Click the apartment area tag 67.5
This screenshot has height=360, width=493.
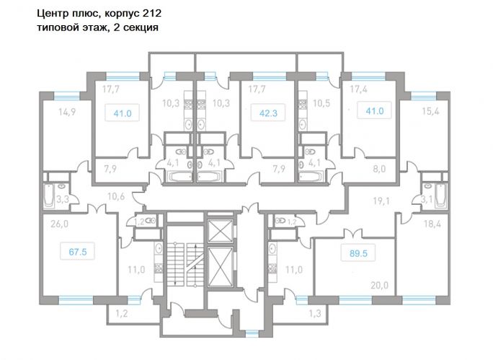point(77,252)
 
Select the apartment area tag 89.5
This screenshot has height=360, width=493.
point(358,253)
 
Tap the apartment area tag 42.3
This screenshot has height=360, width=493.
point(268,113)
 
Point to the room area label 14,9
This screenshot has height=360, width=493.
point(67,112)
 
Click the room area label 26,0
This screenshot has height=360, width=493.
point(59,224)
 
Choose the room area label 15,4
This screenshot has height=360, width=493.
point(430,111)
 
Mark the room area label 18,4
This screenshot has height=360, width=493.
point(432,224)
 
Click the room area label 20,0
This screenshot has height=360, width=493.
point(380,286)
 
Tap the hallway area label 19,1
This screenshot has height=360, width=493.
point(381,201)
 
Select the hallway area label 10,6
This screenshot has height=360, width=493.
point(116,196)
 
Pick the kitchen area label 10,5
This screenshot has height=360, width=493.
point(321,103)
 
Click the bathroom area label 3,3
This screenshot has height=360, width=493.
point(62,199)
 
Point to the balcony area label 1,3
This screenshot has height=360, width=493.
point(315,313)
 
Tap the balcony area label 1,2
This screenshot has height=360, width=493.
point(121,313)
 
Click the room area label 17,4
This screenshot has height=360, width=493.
point(360,89)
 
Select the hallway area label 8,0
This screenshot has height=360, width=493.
point(379,169)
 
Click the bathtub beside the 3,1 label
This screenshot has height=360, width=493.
point(441,196)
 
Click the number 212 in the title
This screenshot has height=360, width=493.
point(152,13)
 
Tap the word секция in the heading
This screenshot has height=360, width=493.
point(141,27)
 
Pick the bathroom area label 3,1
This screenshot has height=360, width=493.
point(427,199)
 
